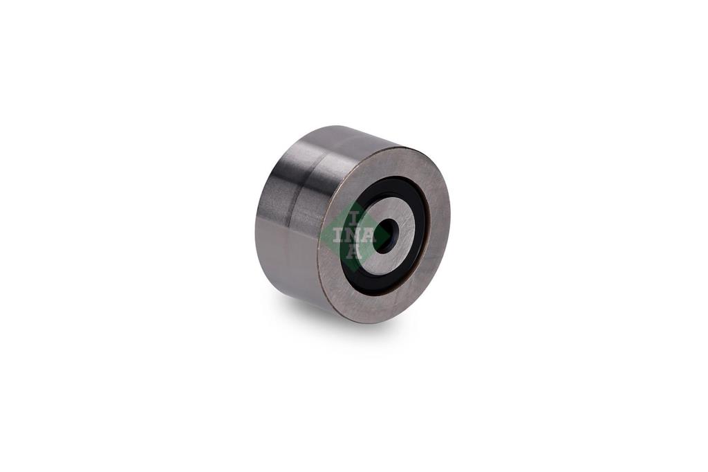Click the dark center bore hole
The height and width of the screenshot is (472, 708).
click(x=384, y=236)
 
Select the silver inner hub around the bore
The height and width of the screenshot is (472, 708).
click(x=398, y=212)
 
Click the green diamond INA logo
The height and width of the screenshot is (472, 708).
click(x=355, y=235)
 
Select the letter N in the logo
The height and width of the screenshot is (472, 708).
click(x=355, y=235)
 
